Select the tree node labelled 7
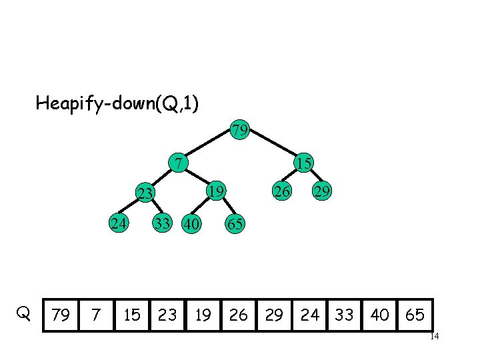178,163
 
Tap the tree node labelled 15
305,163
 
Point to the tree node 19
215,191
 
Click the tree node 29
323,191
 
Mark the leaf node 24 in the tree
120,223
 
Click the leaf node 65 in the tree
235,224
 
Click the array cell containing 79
61,315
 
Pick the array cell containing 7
96,315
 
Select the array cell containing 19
203,315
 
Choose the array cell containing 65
415,315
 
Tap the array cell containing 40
380,315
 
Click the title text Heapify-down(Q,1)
117,103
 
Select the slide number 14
434,337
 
